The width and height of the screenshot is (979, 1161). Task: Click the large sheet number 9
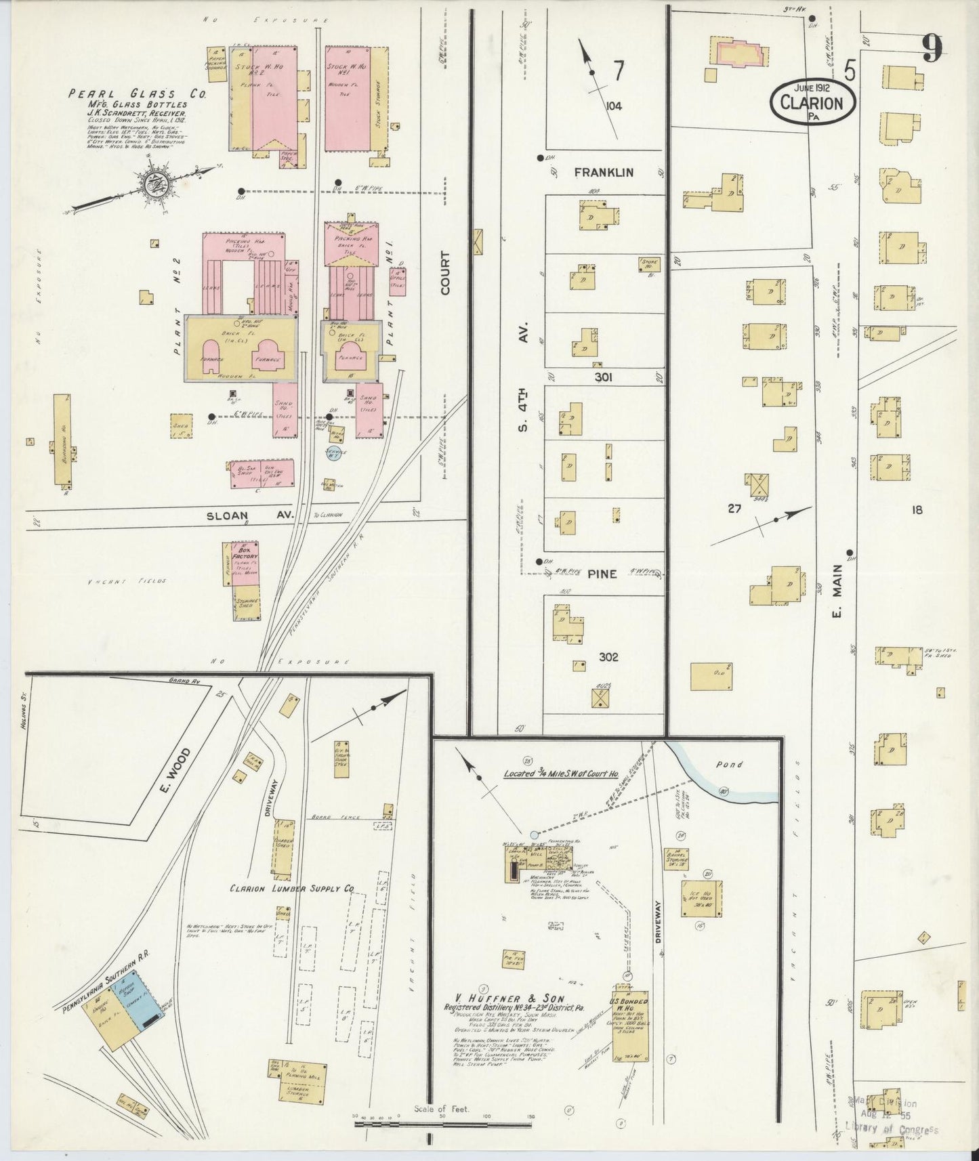(932, 48)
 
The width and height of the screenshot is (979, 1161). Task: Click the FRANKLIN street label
(604, 173)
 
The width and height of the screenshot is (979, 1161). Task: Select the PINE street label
(602, 574)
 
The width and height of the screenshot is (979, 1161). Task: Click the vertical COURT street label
(445, 273)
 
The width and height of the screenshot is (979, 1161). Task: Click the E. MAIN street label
(837, 591)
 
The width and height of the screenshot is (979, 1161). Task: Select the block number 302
(608, 656)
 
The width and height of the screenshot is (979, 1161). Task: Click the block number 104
(614, 106)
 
